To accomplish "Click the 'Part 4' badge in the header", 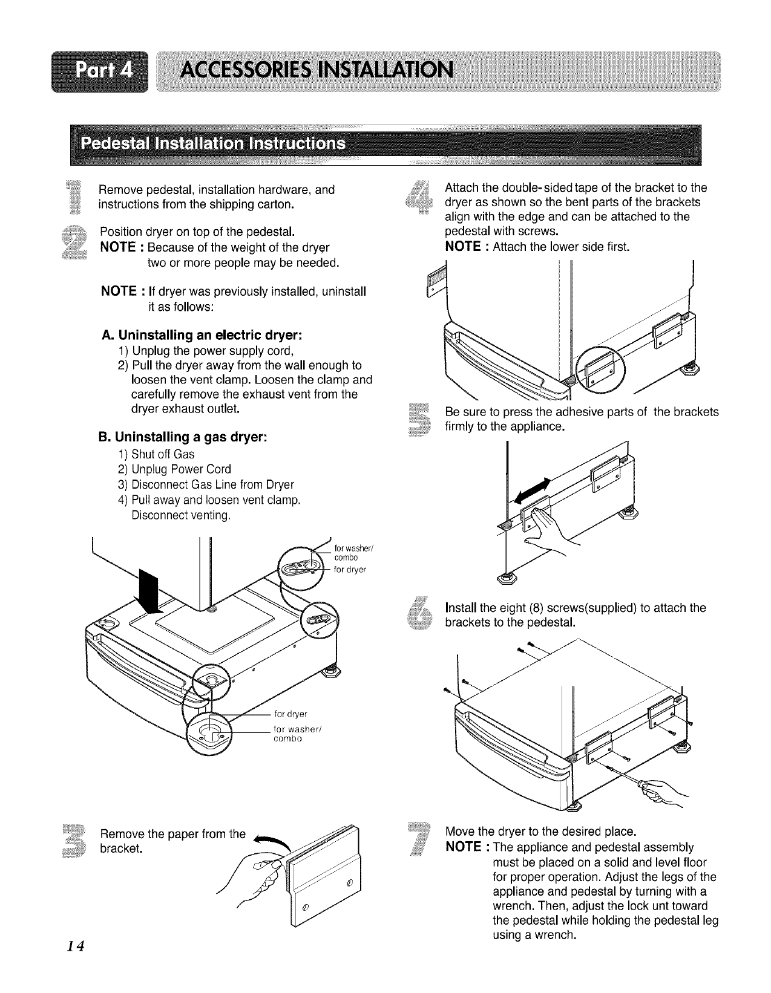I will pyautogui.click(x=100, y=71).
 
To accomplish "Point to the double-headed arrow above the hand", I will pyautogui.click(x=533, y=490).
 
